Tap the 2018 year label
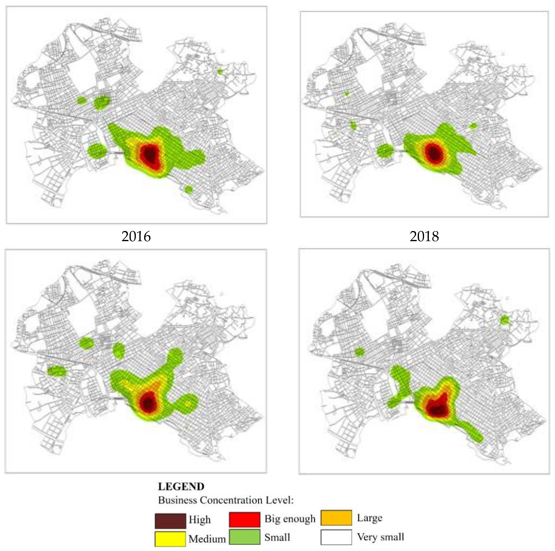[424, 236]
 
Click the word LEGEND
[181, 487]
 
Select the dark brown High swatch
[170, 521]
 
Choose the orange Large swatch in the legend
[336, 518]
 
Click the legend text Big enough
[290, 519]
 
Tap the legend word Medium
[207, 539]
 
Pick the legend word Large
[369, 518]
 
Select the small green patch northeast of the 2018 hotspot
[472, 126]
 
